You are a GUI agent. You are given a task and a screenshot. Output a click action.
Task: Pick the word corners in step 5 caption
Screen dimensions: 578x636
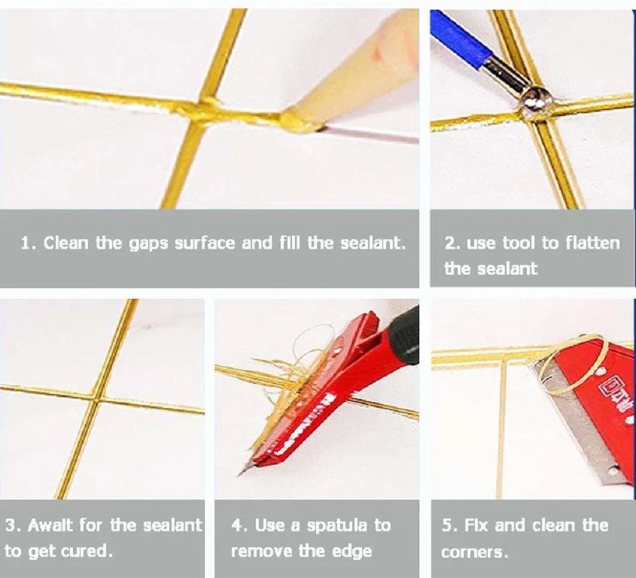point(474,552)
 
